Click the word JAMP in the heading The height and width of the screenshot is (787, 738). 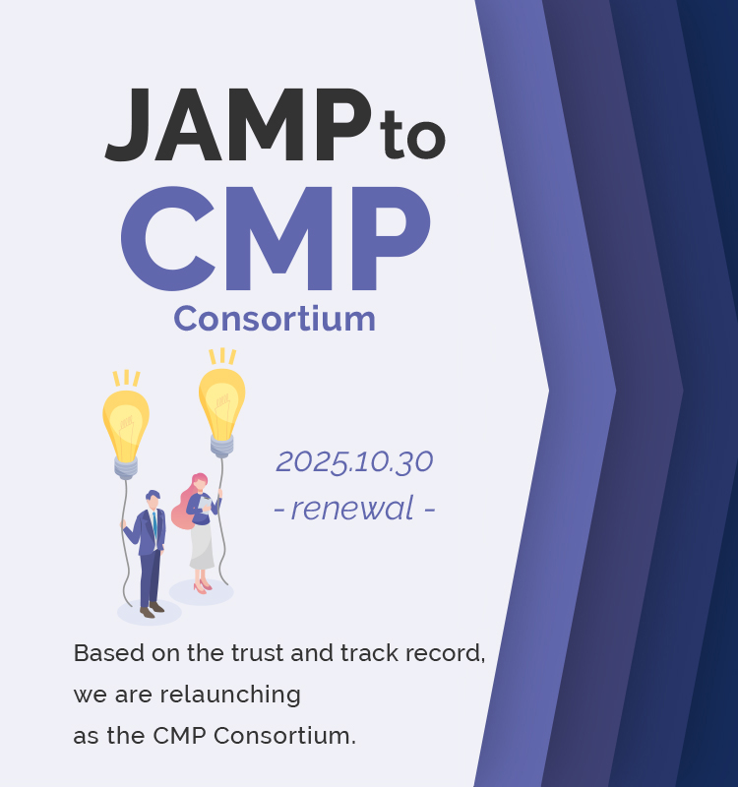pos(236,125)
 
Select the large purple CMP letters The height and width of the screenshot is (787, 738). pos(276,238)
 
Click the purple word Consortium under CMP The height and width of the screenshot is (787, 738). pos(275,319)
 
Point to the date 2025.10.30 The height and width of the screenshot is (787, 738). pos(354,460)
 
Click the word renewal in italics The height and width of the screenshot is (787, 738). pos(353,509)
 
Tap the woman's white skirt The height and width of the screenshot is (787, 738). pos(202,547)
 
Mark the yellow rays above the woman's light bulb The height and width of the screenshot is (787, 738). pos(223,356)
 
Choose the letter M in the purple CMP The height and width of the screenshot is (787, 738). pos(280,238)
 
